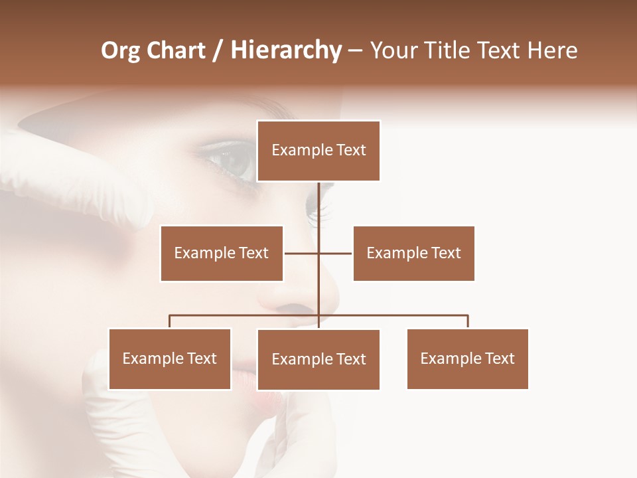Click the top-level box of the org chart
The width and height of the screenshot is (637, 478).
point(318,151)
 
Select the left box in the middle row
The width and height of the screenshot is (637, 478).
point(222,253)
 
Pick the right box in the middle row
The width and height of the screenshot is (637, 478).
point(413,253)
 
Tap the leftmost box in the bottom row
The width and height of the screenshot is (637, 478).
point(170,358)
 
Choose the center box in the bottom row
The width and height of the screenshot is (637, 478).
point(318,359)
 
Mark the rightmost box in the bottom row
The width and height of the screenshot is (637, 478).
point(468,358)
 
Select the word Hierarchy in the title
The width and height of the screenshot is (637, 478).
point(286,50)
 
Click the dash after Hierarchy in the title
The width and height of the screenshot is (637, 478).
point(355,51)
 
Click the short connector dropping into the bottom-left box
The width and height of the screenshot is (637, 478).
point(170,321)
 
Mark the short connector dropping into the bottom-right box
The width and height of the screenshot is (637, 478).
point(468,321)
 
